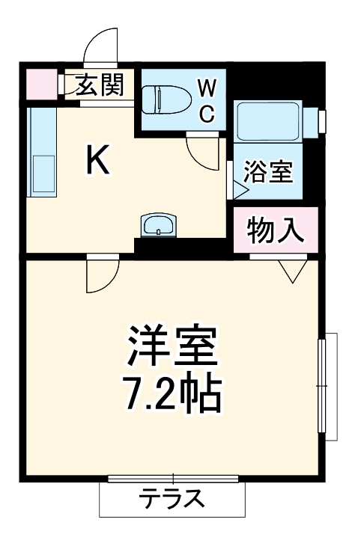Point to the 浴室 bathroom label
tap(268, 173)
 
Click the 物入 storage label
tap(276, 230)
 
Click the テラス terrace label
tap(172, 498)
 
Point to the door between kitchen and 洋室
tap(102, 274)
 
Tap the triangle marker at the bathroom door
tap(240, 188)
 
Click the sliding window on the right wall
tap(323, 384)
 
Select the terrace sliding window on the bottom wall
tap(172, 478)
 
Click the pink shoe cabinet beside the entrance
tap(41, 83)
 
